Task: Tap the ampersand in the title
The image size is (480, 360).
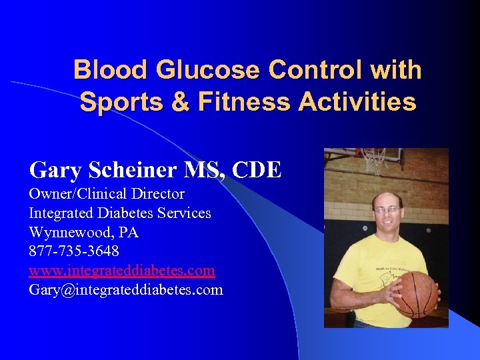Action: (169, 102)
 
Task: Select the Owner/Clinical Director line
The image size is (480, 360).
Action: (107, 194)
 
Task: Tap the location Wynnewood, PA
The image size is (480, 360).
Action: (83, 233)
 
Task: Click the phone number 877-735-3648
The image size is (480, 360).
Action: (74, 251)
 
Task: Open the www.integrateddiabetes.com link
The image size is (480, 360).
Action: (122, 271)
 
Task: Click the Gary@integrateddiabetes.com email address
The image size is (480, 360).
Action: (126, 290)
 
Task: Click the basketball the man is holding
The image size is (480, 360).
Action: (415, 293)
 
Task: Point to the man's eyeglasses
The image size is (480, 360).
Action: (387, 210)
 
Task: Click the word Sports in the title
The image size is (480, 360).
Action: (117, 102)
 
